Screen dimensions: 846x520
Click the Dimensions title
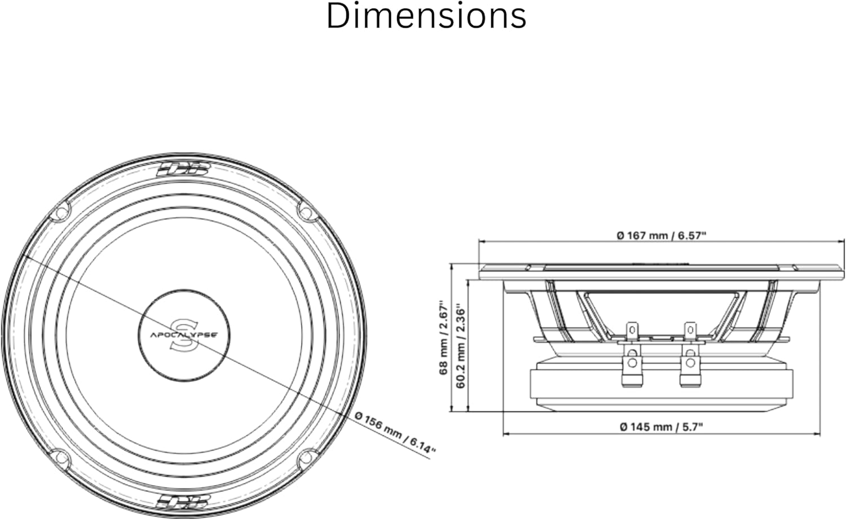pyautogui.click(x=426, y=16)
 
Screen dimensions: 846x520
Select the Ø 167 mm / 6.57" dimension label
pyautogui.click(x=662, y=236)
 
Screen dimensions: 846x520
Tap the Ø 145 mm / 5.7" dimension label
pyautogui.click(x=662, y=427)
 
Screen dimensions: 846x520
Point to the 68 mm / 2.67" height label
pyautogui.click(x=443, y=337)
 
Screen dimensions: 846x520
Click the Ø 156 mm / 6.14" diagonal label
pyautogui.click(x=395, y=433)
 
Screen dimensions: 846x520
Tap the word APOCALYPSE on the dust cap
pyautogui.click(x=184, y=335)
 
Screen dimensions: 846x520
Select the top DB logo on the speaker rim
pyautogui.click(x=183, y=170)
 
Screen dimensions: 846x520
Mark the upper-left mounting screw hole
pyautogui.click(x=60, y=212)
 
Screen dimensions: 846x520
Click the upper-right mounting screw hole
pyautogui.click(x=307, y=212)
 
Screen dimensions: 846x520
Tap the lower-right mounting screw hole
pyautogui.click(x=307, y=459)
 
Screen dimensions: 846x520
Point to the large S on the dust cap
pyautogui.click(x=184, y=336)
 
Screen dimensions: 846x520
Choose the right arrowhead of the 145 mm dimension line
pyautogui.click(x=817, y=434)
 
